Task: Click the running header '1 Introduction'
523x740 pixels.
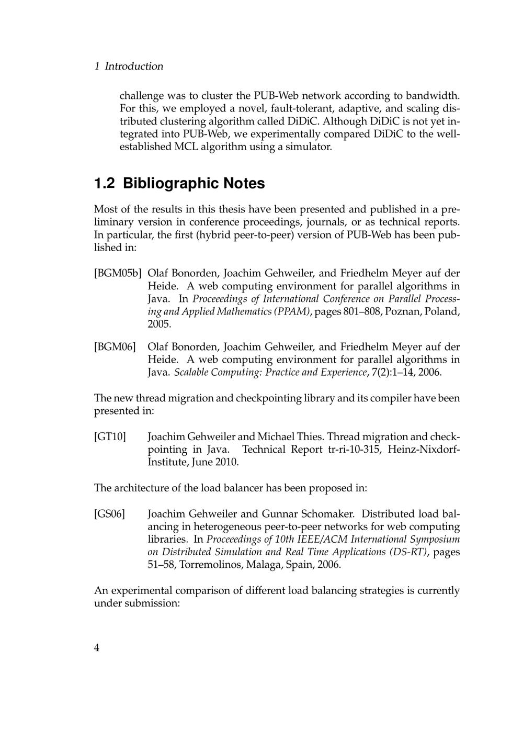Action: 129,66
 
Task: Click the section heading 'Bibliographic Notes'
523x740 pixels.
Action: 194,184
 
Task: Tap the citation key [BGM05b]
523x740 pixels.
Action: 118,273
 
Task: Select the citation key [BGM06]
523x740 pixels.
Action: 115,347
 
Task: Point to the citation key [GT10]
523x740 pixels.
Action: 110,437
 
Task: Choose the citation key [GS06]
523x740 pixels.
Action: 109,514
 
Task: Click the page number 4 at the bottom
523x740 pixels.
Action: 97,648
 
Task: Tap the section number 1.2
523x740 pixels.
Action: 104,184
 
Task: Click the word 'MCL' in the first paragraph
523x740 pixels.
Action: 185,147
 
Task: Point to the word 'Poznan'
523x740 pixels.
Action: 403,312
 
